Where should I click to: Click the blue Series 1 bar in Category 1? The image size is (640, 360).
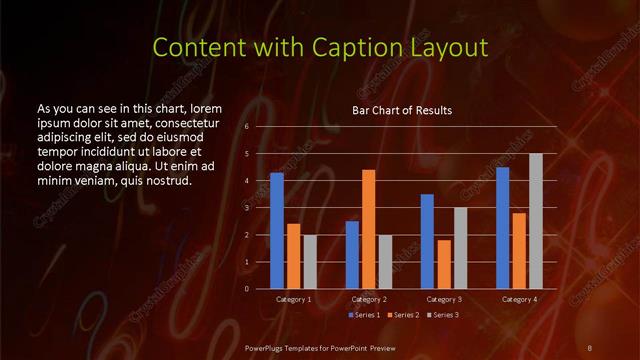click(277, 231)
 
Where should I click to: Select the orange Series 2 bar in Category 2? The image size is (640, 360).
click(369, 229)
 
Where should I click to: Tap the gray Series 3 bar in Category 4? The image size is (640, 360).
click(536, 221)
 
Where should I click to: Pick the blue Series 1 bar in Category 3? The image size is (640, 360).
click(427, 241)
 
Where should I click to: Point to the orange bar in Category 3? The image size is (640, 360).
click(444, 264)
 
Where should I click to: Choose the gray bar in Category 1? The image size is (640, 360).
click(310, 262)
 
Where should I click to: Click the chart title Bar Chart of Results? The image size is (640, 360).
click(402, 110)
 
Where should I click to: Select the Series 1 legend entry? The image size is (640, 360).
click(364, 316)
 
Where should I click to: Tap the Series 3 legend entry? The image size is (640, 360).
click(444, 316)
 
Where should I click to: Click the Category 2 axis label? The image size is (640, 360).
click(369, 300)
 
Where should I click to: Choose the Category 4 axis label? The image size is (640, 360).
click(519, 300)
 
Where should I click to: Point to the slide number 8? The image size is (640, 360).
click(590, 347)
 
